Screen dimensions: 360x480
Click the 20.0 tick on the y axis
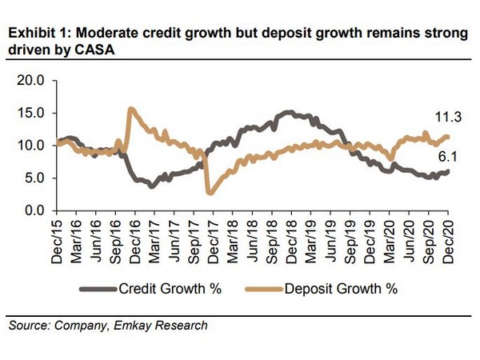coord(31,81)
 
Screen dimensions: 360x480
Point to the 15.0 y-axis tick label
coord(31,113)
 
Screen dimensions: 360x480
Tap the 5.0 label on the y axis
coord(34,178)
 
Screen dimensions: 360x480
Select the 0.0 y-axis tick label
coord(34,210)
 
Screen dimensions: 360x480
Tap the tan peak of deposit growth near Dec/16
coord(130,109)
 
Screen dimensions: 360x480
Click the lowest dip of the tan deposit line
coord(210,193)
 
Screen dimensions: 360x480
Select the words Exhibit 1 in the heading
coord(33,34)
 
